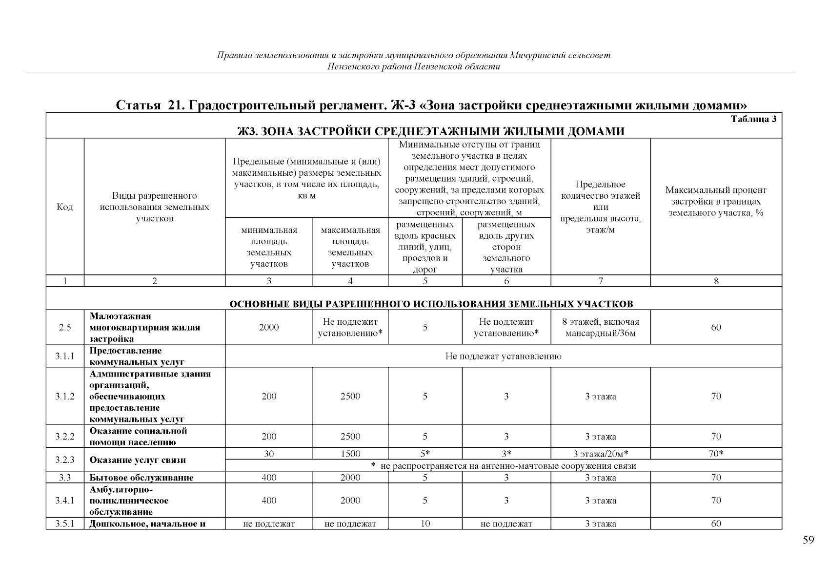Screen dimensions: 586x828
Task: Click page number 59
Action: point(808,540)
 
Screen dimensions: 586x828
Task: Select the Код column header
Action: point(65,207)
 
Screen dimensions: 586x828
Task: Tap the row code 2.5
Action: point(65,328)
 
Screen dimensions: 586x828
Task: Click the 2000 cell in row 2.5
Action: point(269,328)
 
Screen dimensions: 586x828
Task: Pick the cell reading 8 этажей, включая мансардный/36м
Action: point(601,328)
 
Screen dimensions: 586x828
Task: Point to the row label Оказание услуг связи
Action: point(138,460)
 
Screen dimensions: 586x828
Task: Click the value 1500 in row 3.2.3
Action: point(350,454)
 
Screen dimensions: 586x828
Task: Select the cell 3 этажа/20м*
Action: point(601,454)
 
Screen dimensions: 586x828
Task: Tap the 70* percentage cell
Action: point(716,454)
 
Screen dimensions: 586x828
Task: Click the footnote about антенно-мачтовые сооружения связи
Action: point(503,466)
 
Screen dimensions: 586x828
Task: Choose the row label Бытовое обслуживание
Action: point(141,478)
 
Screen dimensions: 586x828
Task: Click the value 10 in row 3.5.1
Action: point(425,524)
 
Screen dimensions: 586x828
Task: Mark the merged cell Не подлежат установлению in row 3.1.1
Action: point(503,356)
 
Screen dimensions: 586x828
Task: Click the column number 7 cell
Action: point(601,281)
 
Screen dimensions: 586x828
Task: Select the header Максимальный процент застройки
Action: point(716,201)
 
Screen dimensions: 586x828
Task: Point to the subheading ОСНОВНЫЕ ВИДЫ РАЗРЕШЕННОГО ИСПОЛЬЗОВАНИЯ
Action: point(431,304)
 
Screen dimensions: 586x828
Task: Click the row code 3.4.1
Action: point(65,501)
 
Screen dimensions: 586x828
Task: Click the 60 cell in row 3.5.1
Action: point(716,524)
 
